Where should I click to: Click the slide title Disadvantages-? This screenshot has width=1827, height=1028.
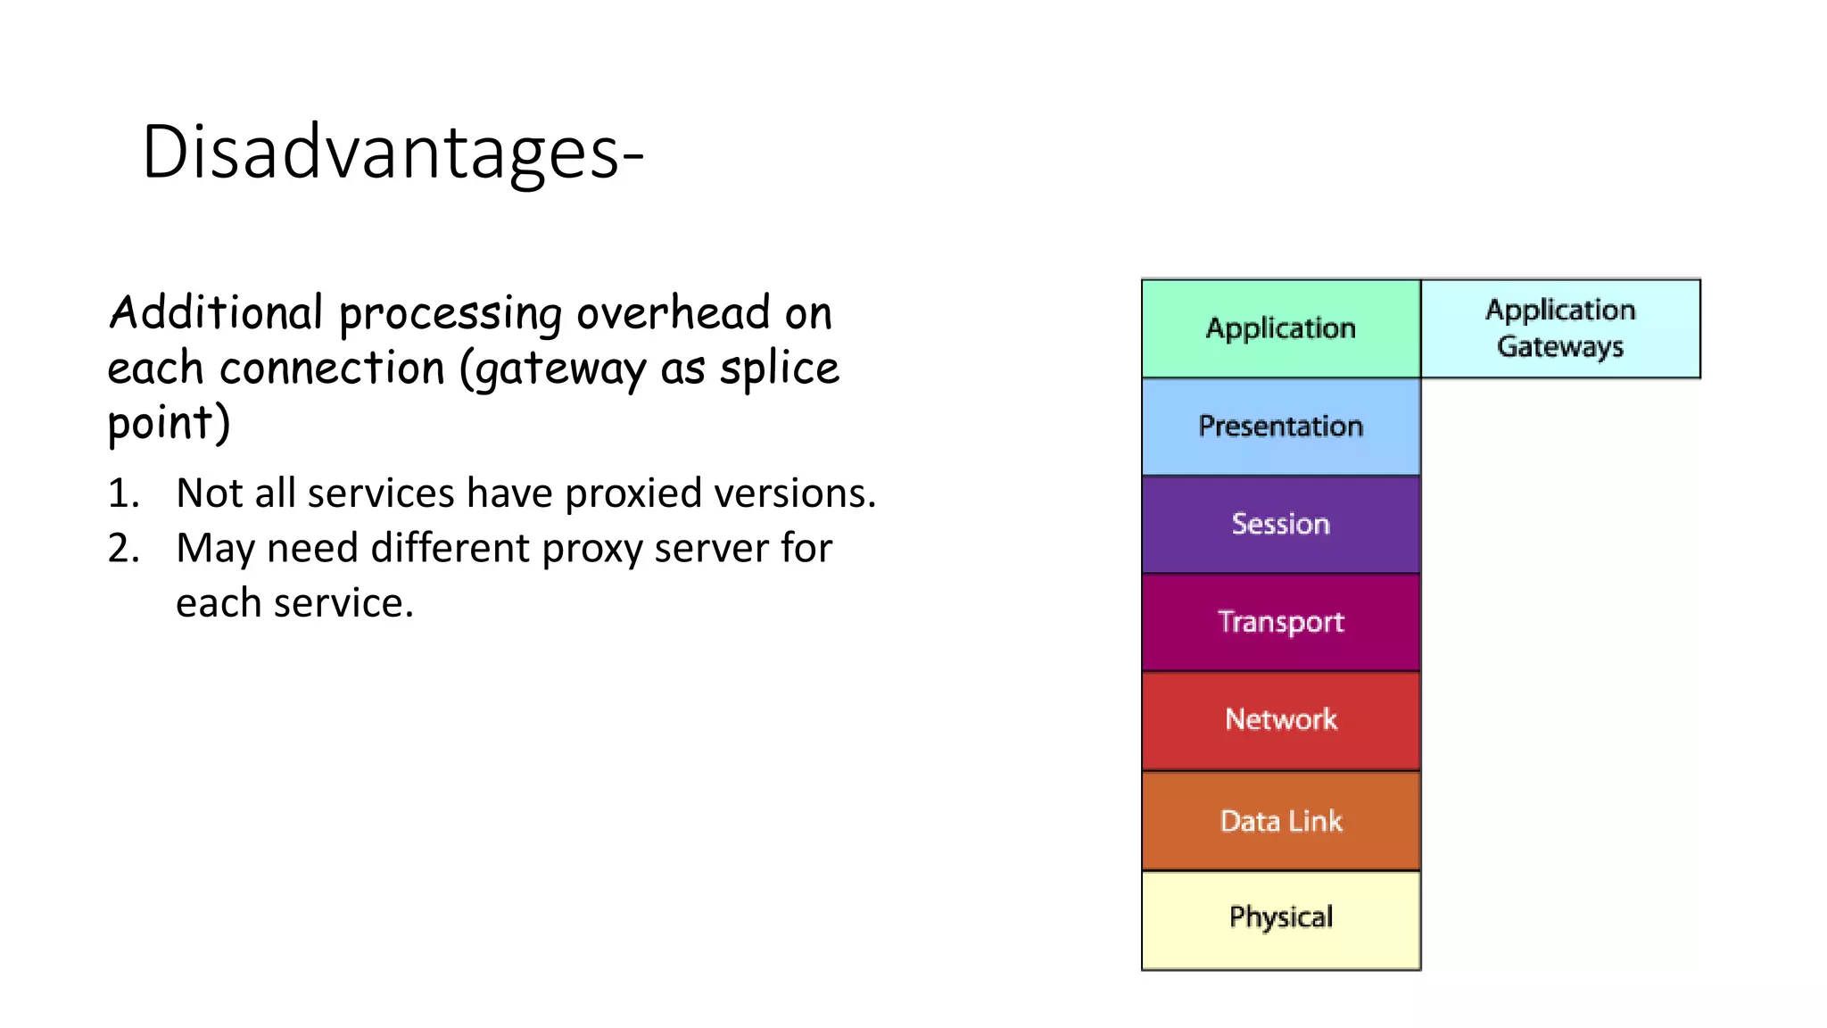pos(393,153)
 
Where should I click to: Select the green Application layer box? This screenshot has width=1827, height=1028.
pos(1280,328)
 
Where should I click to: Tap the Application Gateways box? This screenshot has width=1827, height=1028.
pos(1560,328)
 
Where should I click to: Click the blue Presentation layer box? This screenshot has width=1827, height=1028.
pos(1280,427)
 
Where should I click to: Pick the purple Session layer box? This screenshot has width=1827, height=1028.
pos(1280,524)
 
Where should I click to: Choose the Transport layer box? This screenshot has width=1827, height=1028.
pos(1280,622)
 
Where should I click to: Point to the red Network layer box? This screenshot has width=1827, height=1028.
pos(1280,720)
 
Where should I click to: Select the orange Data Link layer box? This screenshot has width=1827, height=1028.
pos(1280,821)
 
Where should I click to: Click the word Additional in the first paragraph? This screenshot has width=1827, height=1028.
pos(215,313)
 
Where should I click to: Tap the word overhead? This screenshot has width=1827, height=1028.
pos(673,313)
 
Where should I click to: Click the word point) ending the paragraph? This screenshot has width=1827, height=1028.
pos(169,423)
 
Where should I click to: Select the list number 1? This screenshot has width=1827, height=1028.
pos(123,493)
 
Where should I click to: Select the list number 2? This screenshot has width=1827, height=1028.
pos(123,548)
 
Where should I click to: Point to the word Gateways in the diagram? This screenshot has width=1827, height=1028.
pos(1560,347)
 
